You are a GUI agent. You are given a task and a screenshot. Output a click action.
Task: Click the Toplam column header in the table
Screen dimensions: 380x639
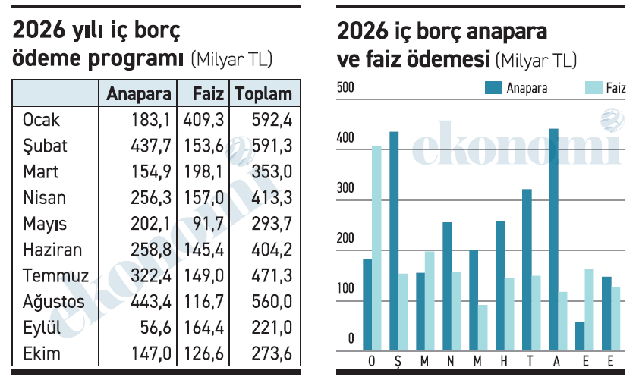coord(263,93)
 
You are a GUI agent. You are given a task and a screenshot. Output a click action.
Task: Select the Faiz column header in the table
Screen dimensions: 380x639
coord(208,93)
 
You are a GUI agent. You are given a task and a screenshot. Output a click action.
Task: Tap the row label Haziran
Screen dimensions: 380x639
coord(52,250)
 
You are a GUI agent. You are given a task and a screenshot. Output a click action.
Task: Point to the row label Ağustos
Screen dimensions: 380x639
coord(54,302)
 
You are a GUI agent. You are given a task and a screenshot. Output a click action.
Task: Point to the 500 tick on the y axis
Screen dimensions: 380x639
coord(345,88)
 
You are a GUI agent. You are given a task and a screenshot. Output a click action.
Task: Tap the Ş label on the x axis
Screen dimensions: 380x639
coord(395,360)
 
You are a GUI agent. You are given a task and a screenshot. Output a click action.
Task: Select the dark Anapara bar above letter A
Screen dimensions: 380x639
coord(553,240)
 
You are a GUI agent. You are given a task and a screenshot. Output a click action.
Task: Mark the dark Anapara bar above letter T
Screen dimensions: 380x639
coord(527,270)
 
